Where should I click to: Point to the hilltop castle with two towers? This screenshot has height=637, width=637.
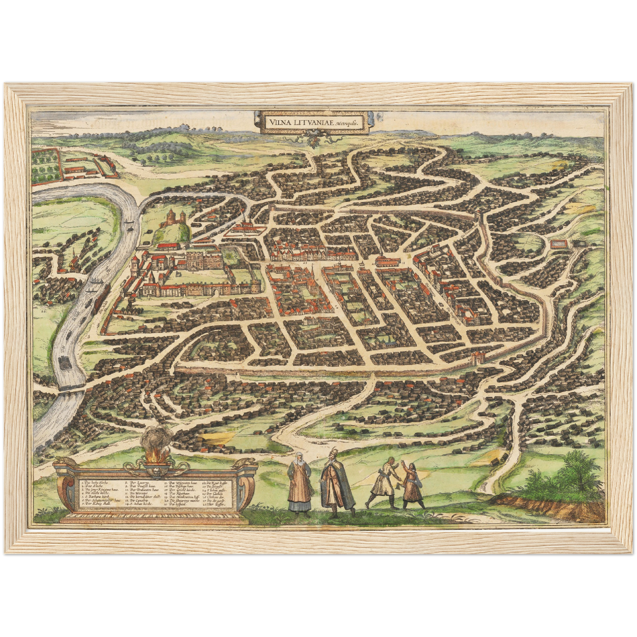[x=171, y=218]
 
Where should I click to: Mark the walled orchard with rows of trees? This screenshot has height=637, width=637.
[x=45, y=164]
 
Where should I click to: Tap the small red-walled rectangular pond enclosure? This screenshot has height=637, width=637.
[x=558, y=243]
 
